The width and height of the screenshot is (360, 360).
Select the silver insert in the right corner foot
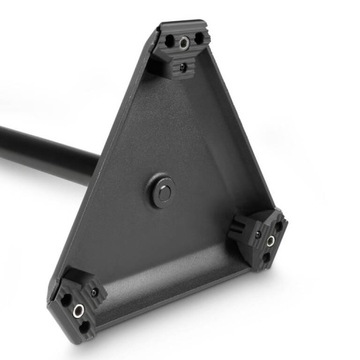(270, 240)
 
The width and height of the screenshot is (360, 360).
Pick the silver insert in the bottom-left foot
(78, 310)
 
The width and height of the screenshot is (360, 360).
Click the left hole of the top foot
(168, 41)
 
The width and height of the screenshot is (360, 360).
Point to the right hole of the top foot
(200, 39)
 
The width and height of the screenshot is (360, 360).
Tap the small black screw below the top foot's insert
(182, 68)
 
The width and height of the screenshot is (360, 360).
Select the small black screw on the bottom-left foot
(95, 292)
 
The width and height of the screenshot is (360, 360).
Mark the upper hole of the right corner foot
(279, 226)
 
